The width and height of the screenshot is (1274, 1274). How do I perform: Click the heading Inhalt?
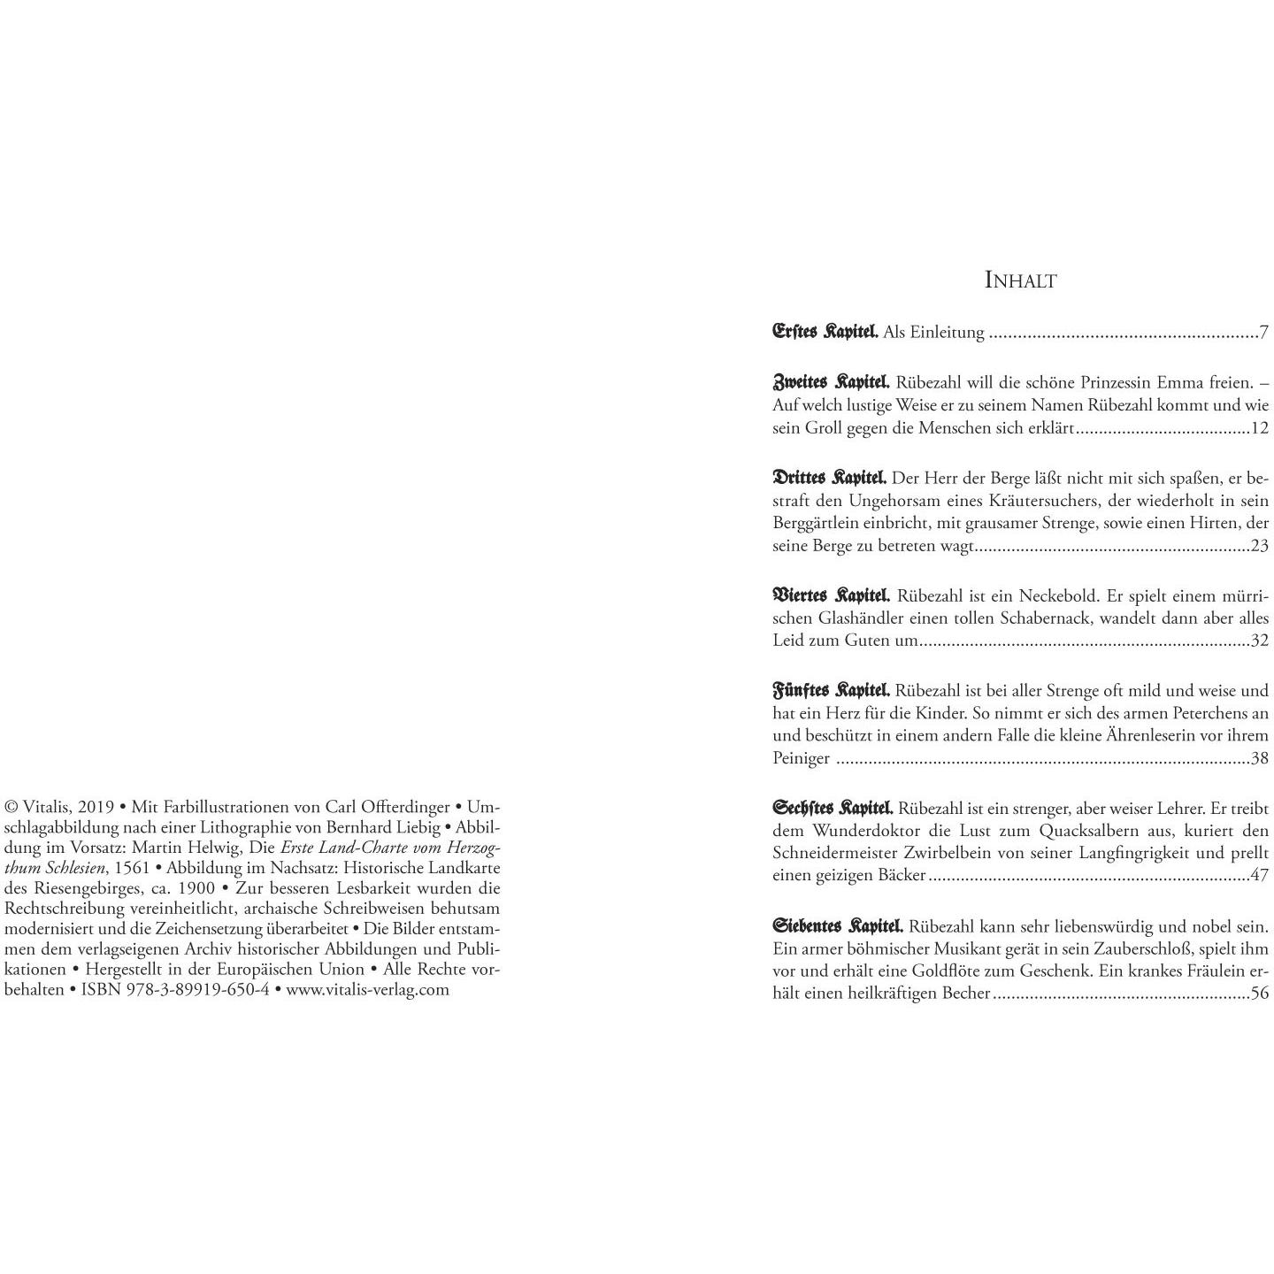coord(1020,280)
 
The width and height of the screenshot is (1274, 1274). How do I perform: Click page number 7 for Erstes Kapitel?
coord(1264,333)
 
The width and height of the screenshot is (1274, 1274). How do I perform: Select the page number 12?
coord(1259,428)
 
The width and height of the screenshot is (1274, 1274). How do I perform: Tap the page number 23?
coord(1259,546)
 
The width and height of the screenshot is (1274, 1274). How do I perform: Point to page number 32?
coord(1259,640)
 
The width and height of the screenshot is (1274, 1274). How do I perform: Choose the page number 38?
coord(1259,758)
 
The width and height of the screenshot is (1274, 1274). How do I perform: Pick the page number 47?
coord(1259,875)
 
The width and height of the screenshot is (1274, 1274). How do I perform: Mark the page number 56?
coord(1259,993)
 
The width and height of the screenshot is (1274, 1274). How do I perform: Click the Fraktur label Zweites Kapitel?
coord(831,383)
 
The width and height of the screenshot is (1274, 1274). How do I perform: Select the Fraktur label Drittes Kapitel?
coord(829,478)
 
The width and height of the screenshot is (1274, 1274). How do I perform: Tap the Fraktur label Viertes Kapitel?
coord(831,595)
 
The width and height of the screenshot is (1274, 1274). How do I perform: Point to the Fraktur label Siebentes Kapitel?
coord(838,926)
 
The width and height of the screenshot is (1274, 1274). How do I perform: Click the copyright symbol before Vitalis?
coord(12,807)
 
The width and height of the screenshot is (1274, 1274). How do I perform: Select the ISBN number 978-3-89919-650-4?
coord(174,989)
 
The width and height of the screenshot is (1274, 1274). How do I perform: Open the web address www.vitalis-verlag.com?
coord(367,989)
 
